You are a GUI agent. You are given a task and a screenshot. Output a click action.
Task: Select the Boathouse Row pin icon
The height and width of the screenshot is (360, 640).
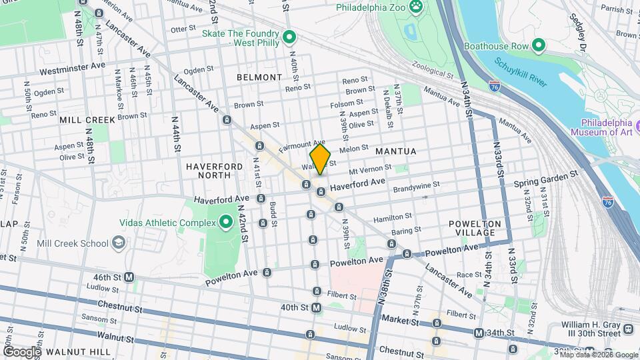(x=539, y=46)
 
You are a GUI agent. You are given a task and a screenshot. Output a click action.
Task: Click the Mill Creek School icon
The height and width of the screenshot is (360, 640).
(x=118, y=243)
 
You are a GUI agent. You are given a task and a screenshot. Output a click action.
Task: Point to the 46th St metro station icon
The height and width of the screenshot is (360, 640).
(x=129, y=277)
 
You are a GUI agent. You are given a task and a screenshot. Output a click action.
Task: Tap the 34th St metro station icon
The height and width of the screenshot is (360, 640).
(x=479, y=333)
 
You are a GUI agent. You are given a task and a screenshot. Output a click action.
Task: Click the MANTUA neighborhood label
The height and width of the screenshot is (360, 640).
(x=395, y=151)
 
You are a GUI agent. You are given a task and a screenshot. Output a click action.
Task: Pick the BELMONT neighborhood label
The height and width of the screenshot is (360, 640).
(x=259, y=77)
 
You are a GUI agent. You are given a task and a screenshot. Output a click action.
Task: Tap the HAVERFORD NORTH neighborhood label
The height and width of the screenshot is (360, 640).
(x=209, y=170)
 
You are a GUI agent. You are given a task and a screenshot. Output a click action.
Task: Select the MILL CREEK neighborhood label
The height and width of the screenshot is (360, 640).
(x=87, y=119)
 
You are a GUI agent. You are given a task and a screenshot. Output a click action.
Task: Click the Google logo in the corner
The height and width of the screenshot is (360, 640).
(x=21, y=351)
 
